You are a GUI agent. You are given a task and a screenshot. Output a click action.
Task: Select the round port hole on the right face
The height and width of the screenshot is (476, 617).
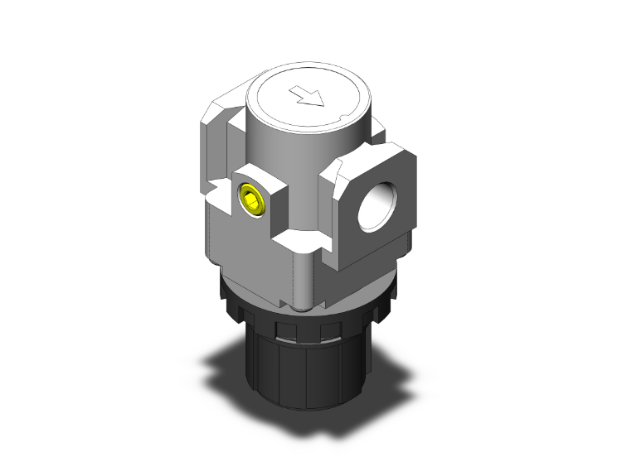coord(377,207)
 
